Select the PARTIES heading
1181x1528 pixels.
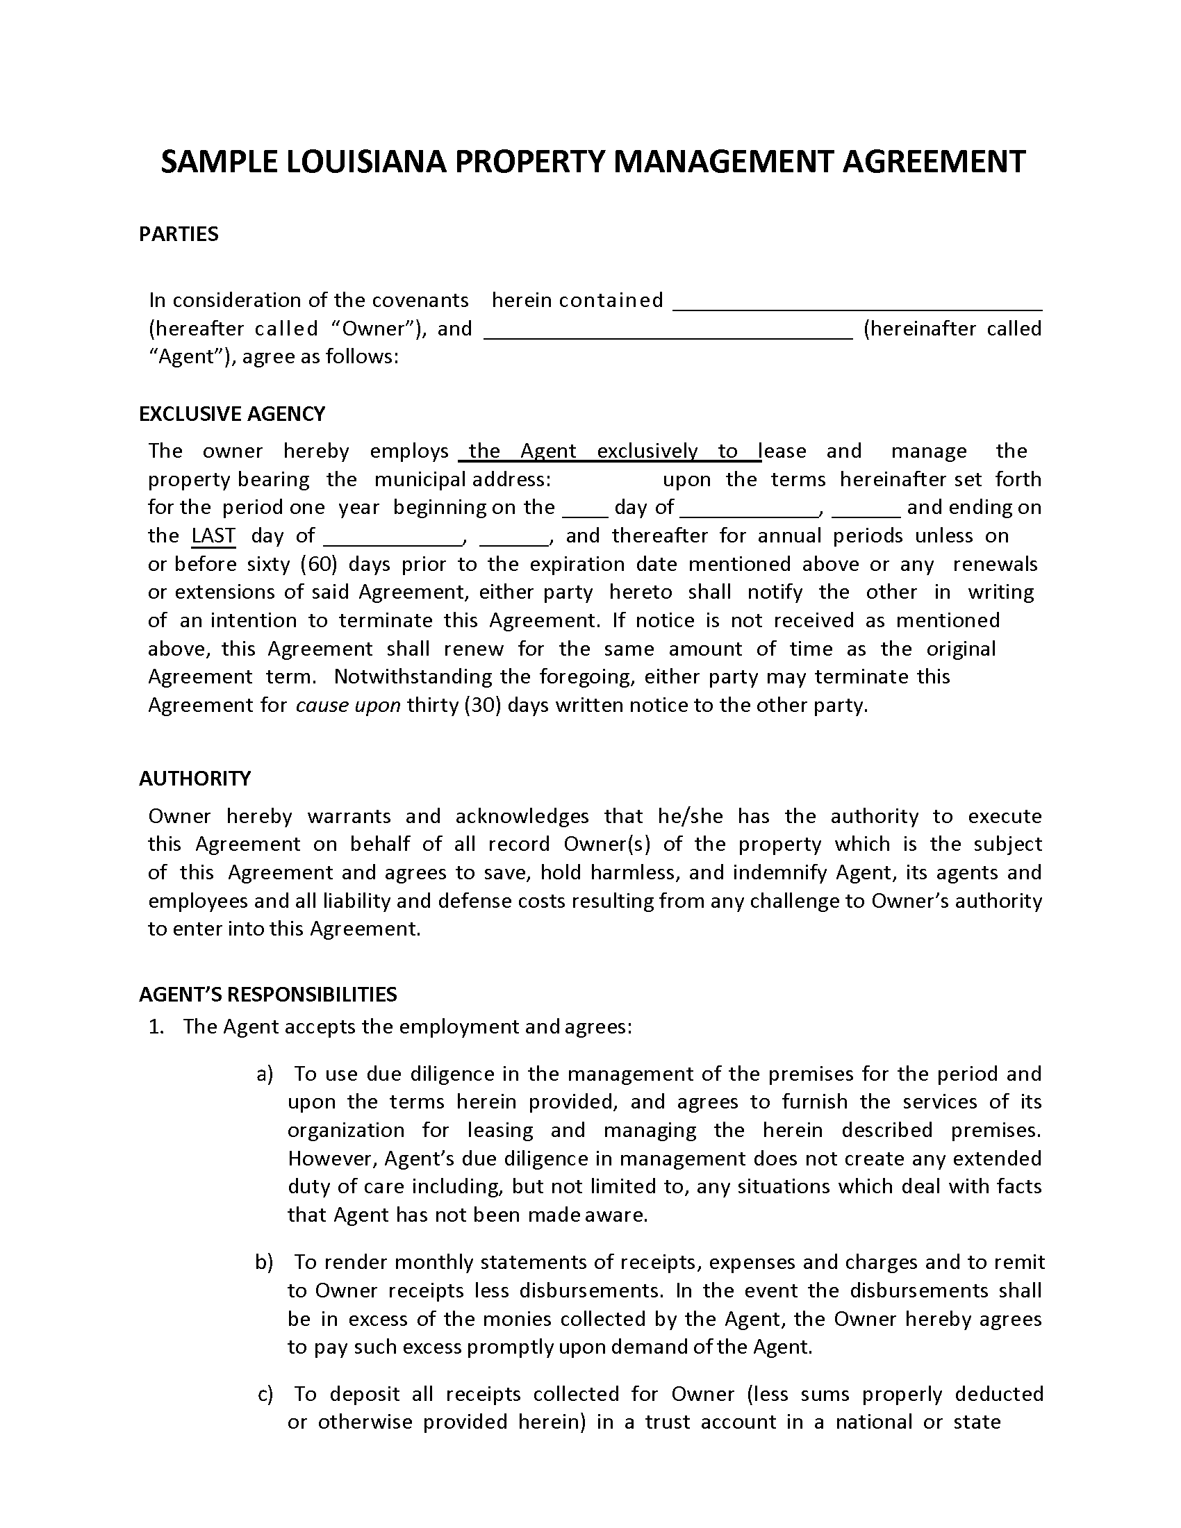pos(179,234)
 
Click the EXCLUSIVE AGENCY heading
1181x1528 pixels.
pos(231,414)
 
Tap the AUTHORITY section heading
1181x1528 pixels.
pos(195,779)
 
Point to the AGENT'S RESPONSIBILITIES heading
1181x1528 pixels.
pos(267,995)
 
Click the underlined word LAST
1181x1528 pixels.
pos(213,536)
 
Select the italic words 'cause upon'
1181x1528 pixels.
pos(348,705)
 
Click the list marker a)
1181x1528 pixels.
pos(265,1074)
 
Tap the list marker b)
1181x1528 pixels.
pos(264,1262)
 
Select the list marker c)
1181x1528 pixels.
pos(265,1395)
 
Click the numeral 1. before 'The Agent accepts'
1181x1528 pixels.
pos(156,1027)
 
